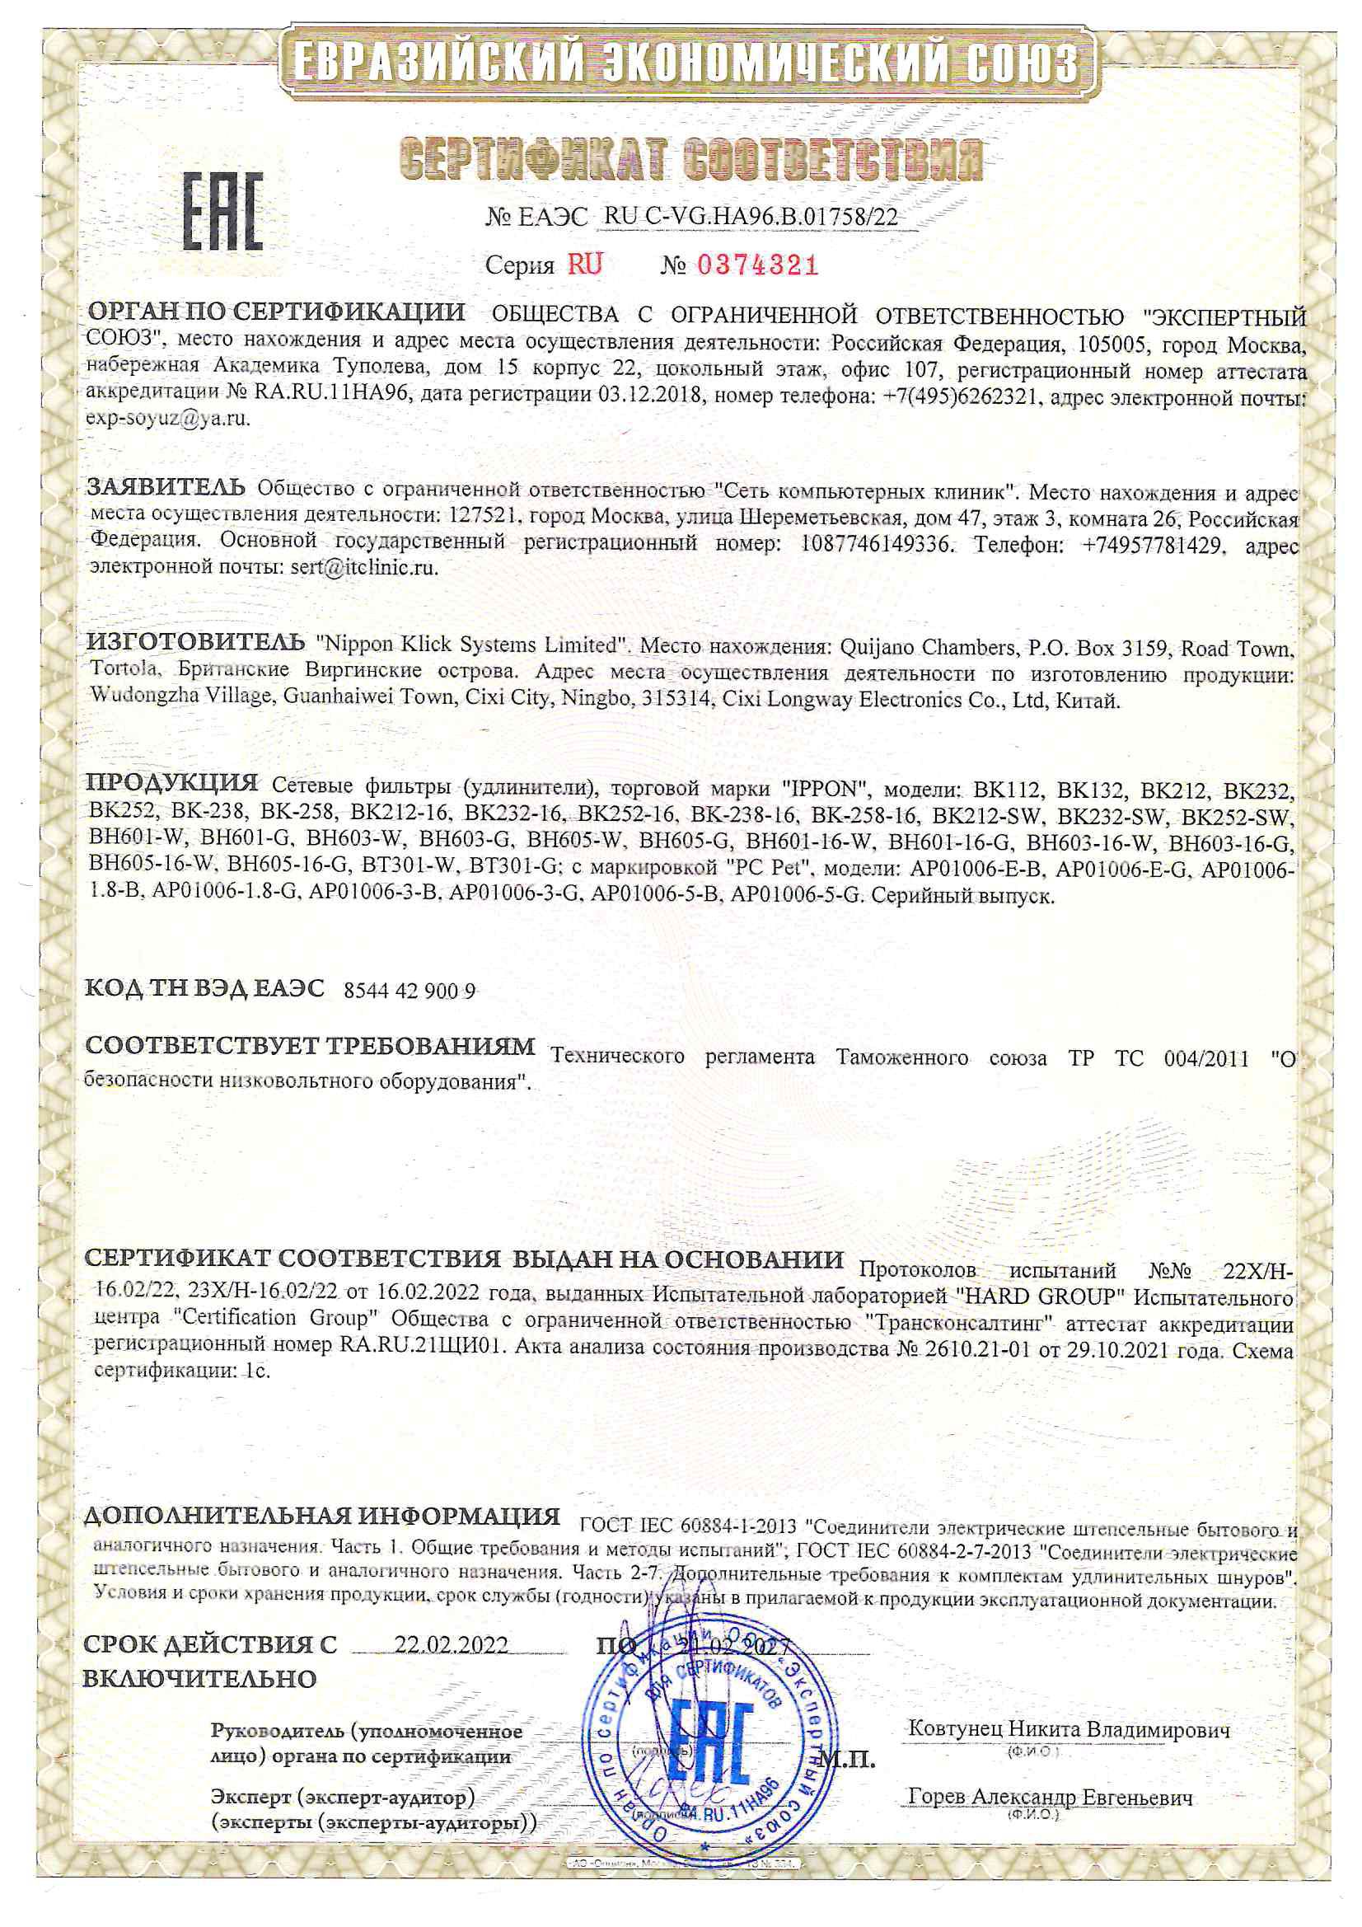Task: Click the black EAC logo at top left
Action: click(x=222, y=211)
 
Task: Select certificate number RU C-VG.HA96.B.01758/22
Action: click(x=751, y=217)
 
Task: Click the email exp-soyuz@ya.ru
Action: click(x=168, y=418)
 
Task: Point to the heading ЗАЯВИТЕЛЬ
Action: click(x=166, y=487)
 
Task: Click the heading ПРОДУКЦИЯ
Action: click(x=173, y=783)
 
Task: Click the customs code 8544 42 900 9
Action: click(x=410, y=992)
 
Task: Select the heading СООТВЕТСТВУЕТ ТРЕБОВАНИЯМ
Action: click(x=311, y=1046)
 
